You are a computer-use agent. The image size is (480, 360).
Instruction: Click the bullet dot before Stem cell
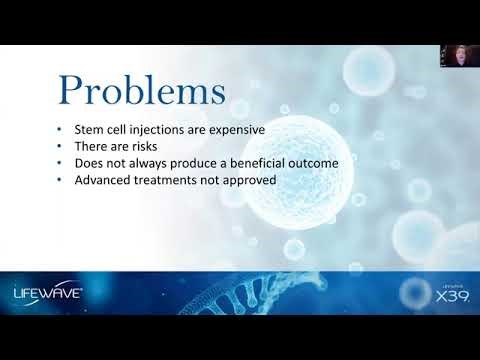click(x=61, y=129)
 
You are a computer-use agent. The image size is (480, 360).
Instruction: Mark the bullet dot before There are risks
click(x=61, y=146)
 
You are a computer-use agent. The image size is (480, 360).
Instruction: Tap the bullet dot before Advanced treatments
click(x=61, y=179)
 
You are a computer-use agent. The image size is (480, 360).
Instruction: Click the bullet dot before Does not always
click(x=61, y=162)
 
